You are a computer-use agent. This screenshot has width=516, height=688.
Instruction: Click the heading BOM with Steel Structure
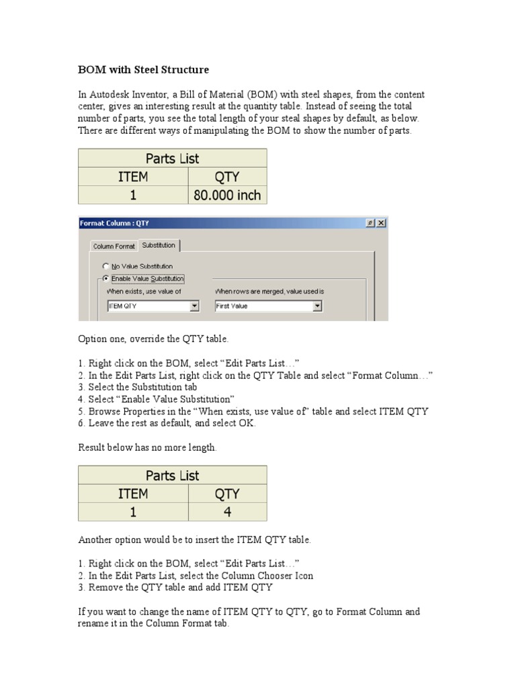(x=143, y=70)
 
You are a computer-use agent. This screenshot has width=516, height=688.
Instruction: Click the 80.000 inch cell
(x=228, y=196)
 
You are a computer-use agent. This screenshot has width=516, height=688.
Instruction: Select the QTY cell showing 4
(x=228, y=512)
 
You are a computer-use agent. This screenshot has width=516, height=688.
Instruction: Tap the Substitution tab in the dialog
(x=159, y=246)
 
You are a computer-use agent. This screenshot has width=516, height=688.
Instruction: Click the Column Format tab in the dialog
(x=114, y=247)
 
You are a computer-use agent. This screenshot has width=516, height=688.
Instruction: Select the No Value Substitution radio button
(x=105, y=266)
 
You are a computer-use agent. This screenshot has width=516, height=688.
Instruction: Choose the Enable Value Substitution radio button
(x=105, y=278)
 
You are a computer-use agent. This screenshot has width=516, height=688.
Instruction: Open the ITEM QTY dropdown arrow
(x=194, y=306)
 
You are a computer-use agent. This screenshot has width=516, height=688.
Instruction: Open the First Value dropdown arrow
(x=317, y=306)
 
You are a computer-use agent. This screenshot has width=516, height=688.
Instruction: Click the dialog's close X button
(x=381, y=223)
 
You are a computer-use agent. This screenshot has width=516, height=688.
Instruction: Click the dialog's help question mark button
(x=370, y=223)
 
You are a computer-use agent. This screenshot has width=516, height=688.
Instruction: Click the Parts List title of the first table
(x=173, y=159)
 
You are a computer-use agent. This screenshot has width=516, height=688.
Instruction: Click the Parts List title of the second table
(x=173, y=476)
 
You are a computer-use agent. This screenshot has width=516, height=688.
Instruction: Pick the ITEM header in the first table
(x=134, y=177)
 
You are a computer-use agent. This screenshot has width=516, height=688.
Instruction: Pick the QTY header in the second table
(x=228, y=494)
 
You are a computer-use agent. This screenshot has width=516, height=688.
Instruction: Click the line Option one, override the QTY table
(x=158, y=340)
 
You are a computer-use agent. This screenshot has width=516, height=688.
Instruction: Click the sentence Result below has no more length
(x=148, y=447)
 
